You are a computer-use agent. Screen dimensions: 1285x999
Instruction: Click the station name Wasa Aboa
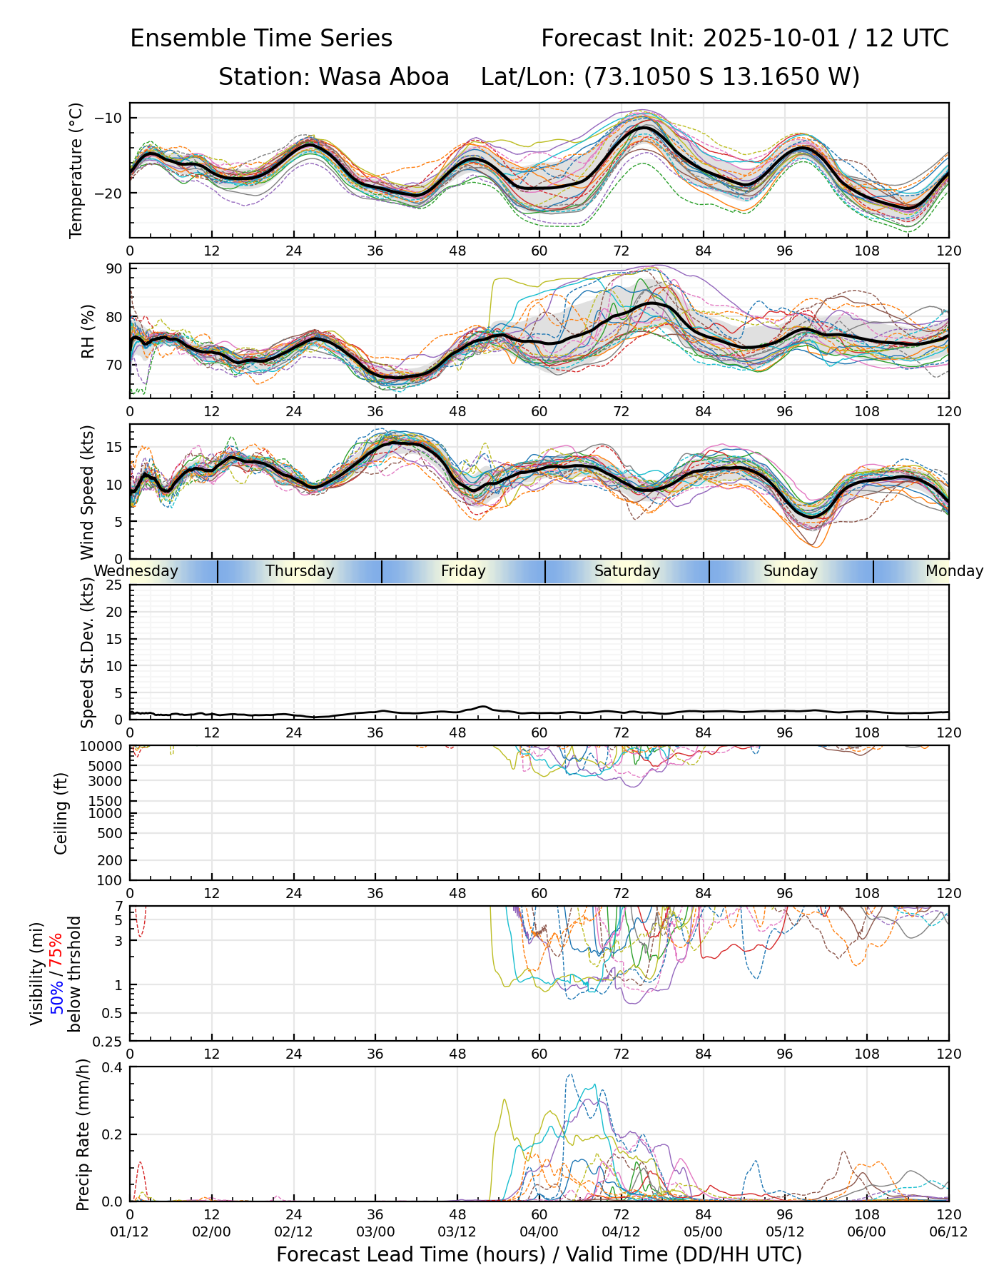click(x=383, y=76)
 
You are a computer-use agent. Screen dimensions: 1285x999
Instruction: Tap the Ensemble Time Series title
click(x=261, y=39)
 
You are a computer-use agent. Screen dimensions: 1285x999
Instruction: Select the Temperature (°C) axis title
click(x=76, y=170)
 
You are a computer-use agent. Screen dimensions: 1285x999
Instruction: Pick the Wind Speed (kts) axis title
click(x=87, y=492)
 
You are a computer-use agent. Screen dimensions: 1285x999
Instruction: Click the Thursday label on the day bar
click(x=300, y=571)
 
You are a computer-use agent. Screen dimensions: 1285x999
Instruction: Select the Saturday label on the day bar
click(x=627, y=571)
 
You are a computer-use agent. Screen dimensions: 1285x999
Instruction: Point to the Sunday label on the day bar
click(x=791, y=571)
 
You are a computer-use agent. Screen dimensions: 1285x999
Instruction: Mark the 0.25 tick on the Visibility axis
click(x=109, y=1041)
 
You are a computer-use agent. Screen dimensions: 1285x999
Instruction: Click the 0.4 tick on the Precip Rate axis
click(x=113, y=1067)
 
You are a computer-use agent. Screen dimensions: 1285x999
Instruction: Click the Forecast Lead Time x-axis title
click(x=539, y=1255)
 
